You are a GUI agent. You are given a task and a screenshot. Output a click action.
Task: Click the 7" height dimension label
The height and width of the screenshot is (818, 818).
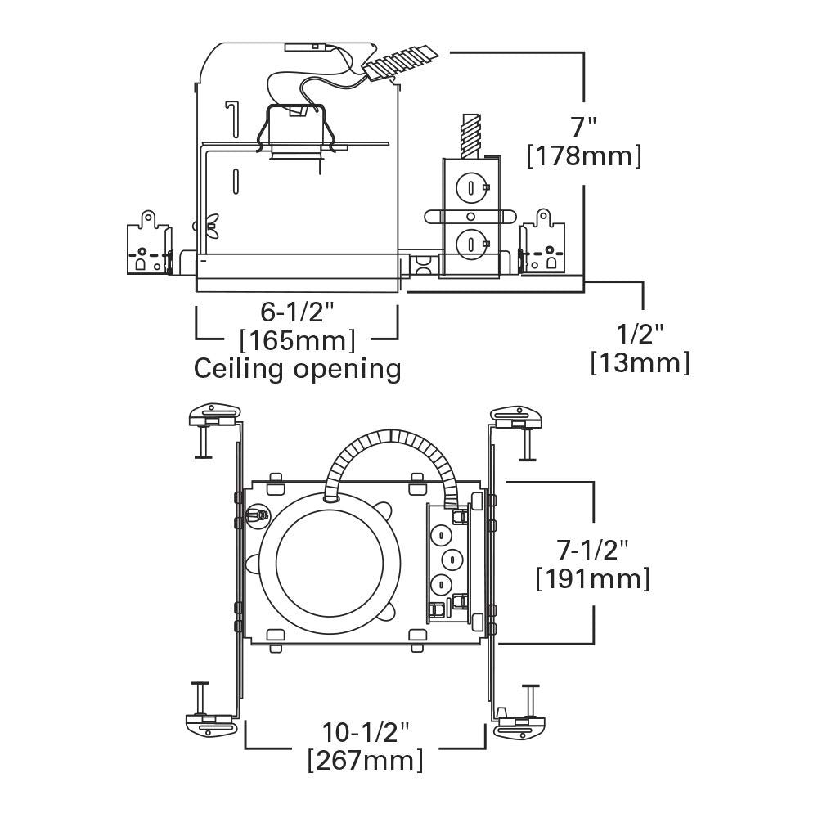[583, 128]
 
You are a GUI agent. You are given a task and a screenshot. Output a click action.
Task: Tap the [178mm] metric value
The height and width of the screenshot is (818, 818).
[583, 155]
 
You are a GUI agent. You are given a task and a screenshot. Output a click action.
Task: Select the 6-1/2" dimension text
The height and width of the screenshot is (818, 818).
[298, 312]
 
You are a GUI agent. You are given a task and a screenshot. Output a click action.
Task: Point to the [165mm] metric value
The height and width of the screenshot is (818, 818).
[297, 339]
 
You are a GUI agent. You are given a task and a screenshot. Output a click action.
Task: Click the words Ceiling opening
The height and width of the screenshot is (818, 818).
[297, 369]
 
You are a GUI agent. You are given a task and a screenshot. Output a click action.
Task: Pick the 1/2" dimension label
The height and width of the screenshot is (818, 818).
[640, 335]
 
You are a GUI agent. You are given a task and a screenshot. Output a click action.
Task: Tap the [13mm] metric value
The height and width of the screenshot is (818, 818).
[640, 362]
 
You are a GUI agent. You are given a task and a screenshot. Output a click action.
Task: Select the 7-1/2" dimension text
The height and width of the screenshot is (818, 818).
[592, 549]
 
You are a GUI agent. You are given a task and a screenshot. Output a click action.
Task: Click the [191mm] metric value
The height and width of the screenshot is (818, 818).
[592, 578]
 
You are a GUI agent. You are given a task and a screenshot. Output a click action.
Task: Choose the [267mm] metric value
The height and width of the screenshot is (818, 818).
[365, 760]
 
